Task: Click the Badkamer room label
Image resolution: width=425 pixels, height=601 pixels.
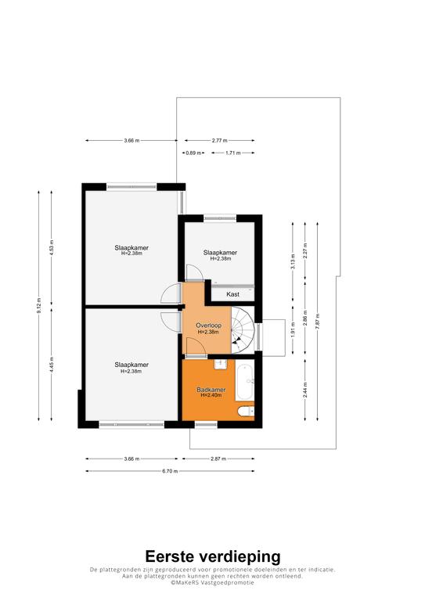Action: click(x=211, y=390)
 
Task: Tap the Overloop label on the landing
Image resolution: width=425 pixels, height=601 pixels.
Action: click(x=208, y=326)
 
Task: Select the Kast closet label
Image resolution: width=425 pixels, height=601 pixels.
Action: click(x=232, y=294)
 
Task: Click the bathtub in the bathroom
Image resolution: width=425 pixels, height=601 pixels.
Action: click(x=245, y=382)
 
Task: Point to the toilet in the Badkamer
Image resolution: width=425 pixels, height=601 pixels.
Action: click(x=246, y=412)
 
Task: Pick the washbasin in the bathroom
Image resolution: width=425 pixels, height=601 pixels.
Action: click(x=221, y=364)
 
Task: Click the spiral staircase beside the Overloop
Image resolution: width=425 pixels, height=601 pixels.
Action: click(x=242, y=329)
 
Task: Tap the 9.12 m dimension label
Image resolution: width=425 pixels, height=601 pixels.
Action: click(x=38, y=305)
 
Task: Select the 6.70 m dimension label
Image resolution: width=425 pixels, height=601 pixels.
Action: click(x=170, y=471)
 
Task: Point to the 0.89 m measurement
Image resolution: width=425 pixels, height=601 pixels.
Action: click(x=193, y=153)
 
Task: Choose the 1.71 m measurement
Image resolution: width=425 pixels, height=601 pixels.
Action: click(x=233, y=153)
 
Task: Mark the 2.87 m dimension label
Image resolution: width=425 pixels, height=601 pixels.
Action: click(x=218, y=459)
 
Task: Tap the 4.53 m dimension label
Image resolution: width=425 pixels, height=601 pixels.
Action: click(x=52, y=247)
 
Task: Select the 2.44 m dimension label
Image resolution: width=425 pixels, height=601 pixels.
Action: click(x=305, y=390)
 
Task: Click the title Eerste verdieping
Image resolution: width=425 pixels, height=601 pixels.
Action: click(x=213, y=556)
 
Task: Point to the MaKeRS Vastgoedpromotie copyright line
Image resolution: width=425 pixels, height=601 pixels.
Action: click(x=212, y=582)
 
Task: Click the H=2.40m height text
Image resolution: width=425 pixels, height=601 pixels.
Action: click(x=211, y=395)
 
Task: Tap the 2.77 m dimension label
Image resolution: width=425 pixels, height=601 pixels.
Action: click(x=220, y=141)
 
